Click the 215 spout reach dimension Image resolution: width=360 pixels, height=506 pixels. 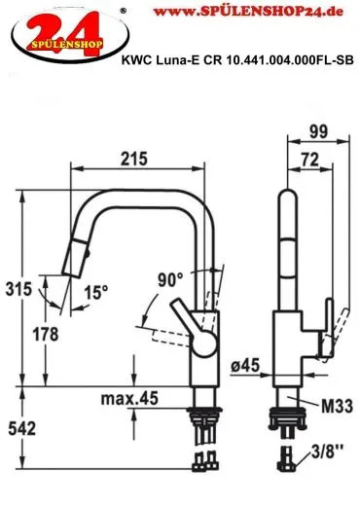[134, 159]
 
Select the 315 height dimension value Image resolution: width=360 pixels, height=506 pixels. [18, 289]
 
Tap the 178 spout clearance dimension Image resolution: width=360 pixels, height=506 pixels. [46, 334]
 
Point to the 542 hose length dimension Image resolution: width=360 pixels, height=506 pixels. [21, 429]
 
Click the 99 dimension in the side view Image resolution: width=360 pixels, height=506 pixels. [318, 131]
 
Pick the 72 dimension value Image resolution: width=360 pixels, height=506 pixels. [310, 160]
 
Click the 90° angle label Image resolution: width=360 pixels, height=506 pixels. [170, 280]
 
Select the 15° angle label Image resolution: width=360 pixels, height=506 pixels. [96, 292]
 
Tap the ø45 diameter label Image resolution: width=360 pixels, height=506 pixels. [245, 366]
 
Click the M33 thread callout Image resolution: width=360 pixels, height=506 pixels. [337, 406]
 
